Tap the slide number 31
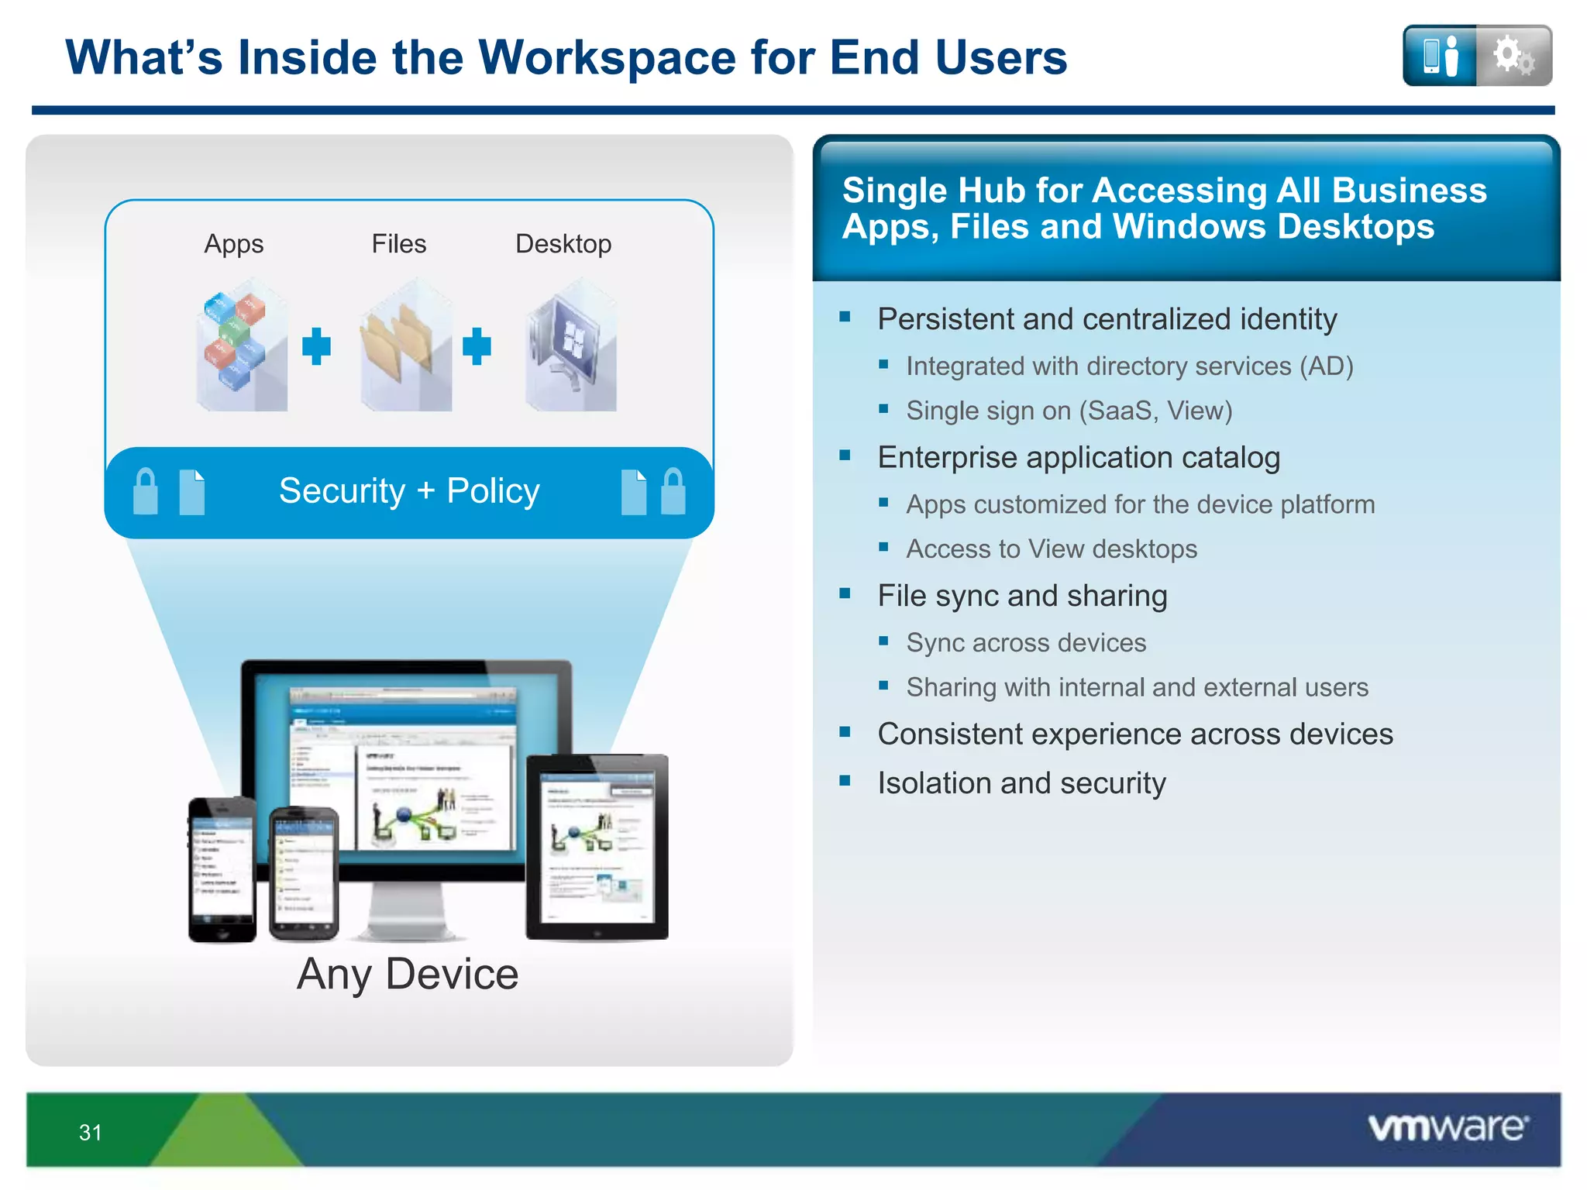90,1133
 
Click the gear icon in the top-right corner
1513,56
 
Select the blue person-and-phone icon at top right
1440,56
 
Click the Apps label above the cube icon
233,244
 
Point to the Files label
398,244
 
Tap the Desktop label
563,244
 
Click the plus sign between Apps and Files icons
316,346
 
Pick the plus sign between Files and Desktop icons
477,346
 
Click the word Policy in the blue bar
493,491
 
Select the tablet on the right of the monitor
597,846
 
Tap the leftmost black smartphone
222,869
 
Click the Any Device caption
408,974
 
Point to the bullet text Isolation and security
1021,783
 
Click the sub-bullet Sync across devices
1025,643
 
